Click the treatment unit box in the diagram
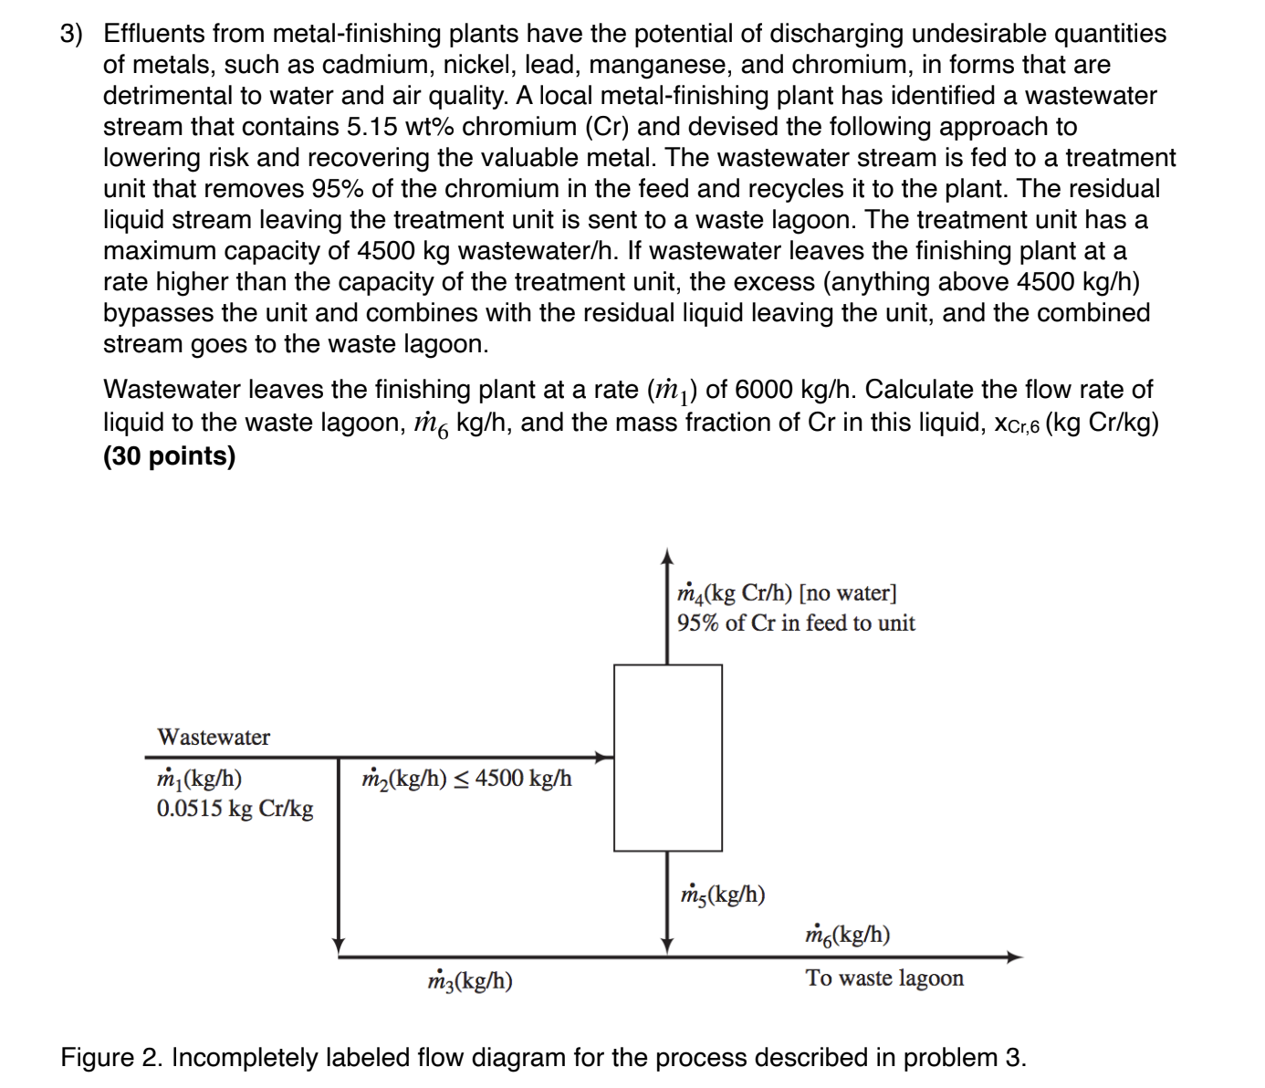click(667, 758)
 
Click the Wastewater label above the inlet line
click(214, 737)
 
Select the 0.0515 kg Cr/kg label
click(235, 809)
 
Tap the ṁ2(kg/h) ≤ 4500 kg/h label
click(466, 779)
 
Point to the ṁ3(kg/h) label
click(470, 981)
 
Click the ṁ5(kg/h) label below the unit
click(723, 894)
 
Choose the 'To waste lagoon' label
click(884, 978)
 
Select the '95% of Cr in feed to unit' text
click(796, 623)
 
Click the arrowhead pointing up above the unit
click(667, 557)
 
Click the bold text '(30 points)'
click(170, 455)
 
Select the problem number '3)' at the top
click(71, 34)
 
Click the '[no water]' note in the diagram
click(848, 593)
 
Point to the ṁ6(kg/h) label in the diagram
click(848, 935)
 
